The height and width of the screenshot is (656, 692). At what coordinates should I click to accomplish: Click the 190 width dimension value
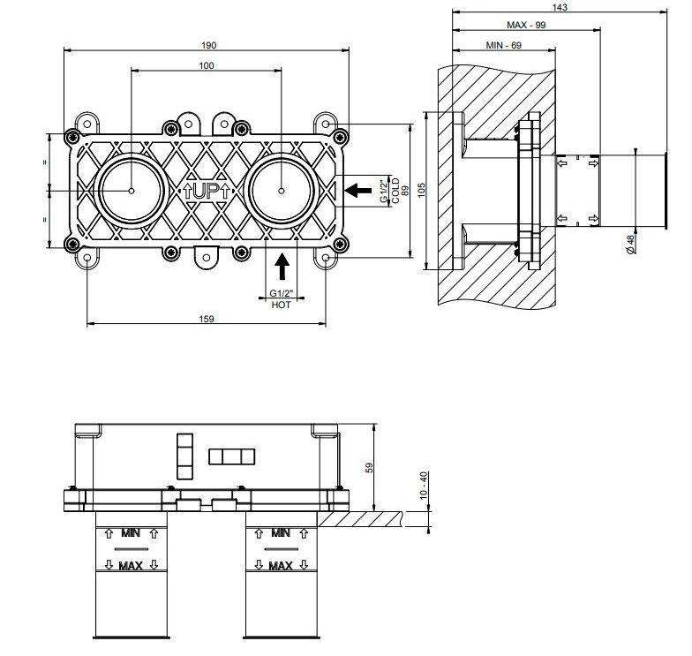click(208, 45)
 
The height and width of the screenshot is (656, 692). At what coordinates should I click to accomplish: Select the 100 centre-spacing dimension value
click(207, 66)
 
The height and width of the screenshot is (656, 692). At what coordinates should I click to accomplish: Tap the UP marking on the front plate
click(206, 191)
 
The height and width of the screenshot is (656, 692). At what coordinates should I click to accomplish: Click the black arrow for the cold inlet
click(357, 190)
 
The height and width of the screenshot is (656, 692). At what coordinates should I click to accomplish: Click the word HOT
click(282, 304)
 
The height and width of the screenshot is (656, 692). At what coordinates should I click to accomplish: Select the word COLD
click(395, 190)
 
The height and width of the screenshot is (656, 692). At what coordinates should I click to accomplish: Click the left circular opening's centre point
click(131, 191)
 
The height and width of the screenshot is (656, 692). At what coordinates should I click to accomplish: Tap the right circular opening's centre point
click(282, 191)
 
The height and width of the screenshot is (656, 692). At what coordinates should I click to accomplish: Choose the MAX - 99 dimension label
click(526, 26)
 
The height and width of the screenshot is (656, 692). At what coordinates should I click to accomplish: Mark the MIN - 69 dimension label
click(504, 45)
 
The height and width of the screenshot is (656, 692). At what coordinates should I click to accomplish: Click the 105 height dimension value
click(421, 191)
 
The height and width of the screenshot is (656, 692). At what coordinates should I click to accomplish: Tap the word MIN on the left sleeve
click(131, 534)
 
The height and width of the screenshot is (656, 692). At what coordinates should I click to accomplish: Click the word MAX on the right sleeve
click(281, 565)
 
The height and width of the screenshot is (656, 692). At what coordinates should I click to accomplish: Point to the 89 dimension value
click(405, 190)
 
